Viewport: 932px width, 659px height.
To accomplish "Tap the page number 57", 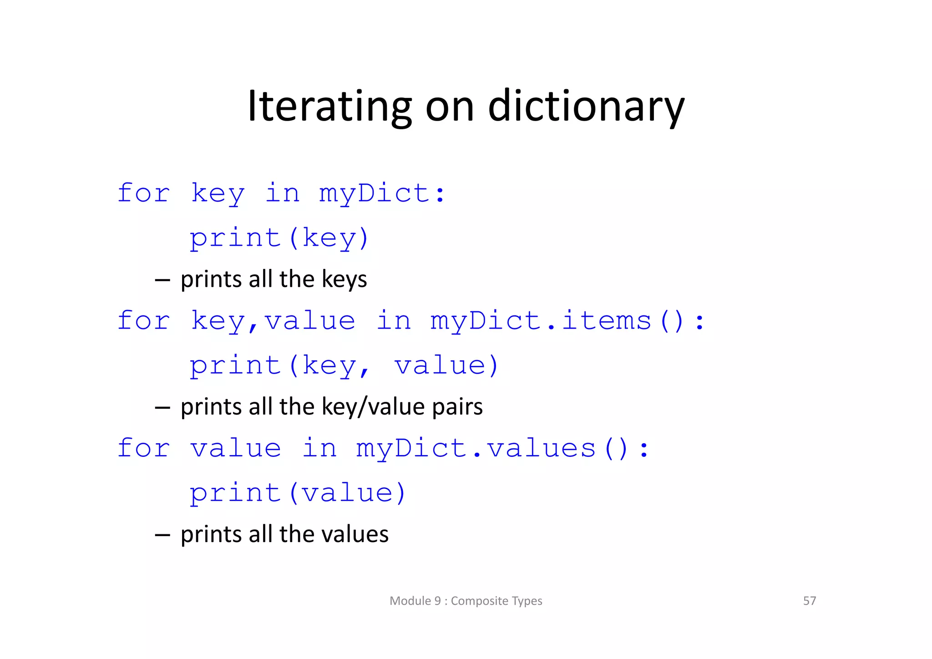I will coord(809,601).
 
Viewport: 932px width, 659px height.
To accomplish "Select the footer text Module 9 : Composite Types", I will coord(466,601).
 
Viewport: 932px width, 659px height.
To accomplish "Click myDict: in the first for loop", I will coord(381,193).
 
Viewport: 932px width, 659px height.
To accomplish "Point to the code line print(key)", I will coord(279,238).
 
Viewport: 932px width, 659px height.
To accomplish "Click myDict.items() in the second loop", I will coord(567,321).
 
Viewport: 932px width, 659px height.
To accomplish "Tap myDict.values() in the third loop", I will coord(502,448).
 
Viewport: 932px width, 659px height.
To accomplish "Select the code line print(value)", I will coord(298,493).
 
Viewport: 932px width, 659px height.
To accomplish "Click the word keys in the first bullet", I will coord(344,279).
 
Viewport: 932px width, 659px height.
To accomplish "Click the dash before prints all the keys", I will coord(162,279).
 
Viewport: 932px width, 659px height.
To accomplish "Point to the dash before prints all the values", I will coord(162,535).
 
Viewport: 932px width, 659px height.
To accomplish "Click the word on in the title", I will coord(450,107).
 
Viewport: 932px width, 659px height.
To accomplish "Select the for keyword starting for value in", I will coord(144,448).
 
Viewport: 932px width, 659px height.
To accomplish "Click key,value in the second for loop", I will coord(273,321).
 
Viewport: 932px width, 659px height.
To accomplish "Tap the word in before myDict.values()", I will coord(319,448).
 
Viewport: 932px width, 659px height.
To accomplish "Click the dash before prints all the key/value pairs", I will coord(162,407).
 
